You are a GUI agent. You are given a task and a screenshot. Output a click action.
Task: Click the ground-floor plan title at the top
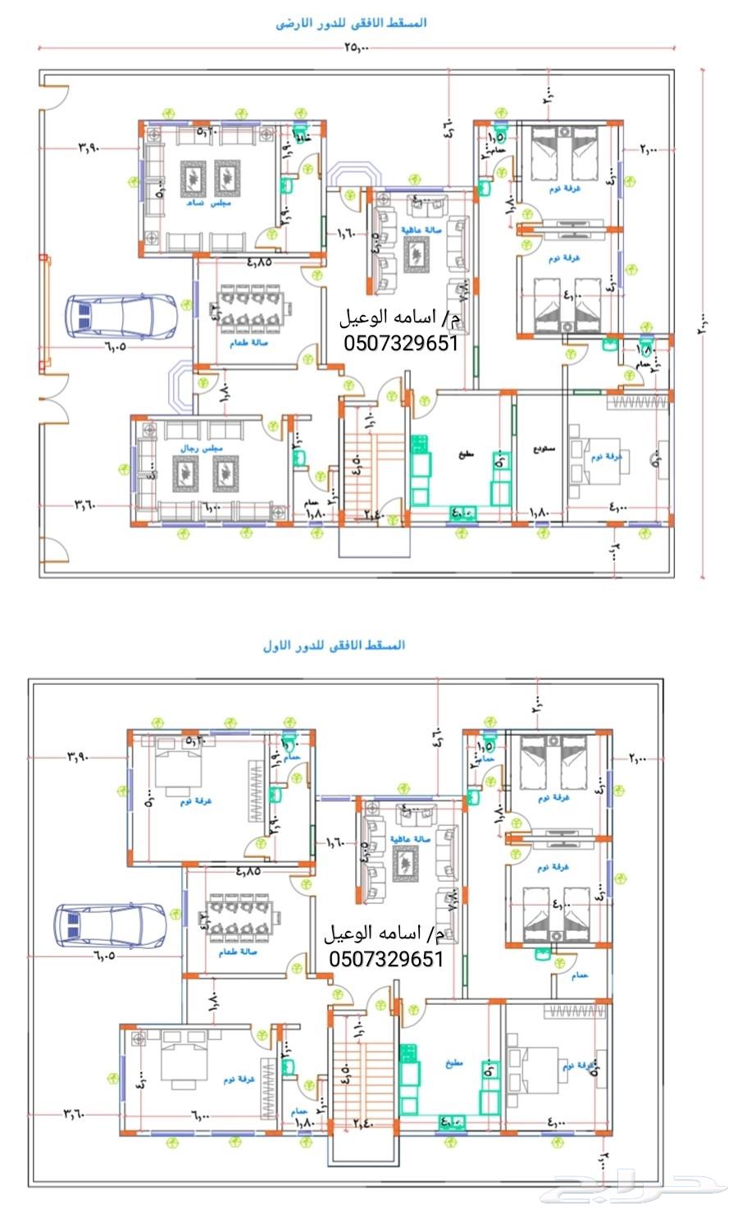[351, 23]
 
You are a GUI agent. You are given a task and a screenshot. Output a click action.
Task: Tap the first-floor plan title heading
[334, 646]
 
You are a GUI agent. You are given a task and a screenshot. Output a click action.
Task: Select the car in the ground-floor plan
[121, 317]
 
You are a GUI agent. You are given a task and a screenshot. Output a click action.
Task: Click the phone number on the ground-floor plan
[399, 343]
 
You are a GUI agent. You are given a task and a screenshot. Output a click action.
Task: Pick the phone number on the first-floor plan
[386, 958]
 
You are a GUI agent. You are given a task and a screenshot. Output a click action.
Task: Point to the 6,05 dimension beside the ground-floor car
[116, 348]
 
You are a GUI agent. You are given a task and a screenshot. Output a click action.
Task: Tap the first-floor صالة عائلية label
[404, 839]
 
